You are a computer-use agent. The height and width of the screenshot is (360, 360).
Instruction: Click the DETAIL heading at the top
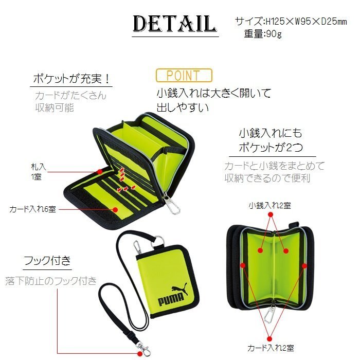tap(175, 24)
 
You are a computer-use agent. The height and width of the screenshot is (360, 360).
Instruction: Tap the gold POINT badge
tap(184, 75)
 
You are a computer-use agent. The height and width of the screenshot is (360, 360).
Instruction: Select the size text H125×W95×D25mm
tap(306, 22)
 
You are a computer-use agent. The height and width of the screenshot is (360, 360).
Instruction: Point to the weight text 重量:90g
tap(263, 34)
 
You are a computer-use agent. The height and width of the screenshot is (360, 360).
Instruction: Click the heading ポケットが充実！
tap(71, 79)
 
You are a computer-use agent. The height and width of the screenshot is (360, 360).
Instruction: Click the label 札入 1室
tap(39, 171)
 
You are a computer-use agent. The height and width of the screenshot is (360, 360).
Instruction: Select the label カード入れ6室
tap(32, 209)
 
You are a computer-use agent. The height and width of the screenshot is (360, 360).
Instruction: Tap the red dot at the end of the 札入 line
tap(100, 171)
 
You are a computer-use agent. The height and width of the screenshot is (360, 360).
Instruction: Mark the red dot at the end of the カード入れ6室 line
tap(115, 209)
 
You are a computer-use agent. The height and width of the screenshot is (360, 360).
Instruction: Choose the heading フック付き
tap(47, 261)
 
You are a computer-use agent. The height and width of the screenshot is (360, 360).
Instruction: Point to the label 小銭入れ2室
tap(270, 206)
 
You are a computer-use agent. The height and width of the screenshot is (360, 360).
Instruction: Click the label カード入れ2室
tap(271, 348)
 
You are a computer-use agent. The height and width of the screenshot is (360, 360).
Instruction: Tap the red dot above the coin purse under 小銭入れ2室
tap(271, 214)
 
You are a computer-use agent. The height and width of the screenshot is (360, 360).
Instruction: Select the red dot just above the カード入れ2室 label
tap(269, 338)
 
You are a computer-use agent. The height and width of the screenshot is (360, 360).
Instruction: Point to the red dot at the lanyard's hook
tap(140, 353)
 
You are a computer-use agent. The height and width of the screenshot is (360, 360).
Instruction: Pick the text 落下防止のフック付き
tap(51, 281)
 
